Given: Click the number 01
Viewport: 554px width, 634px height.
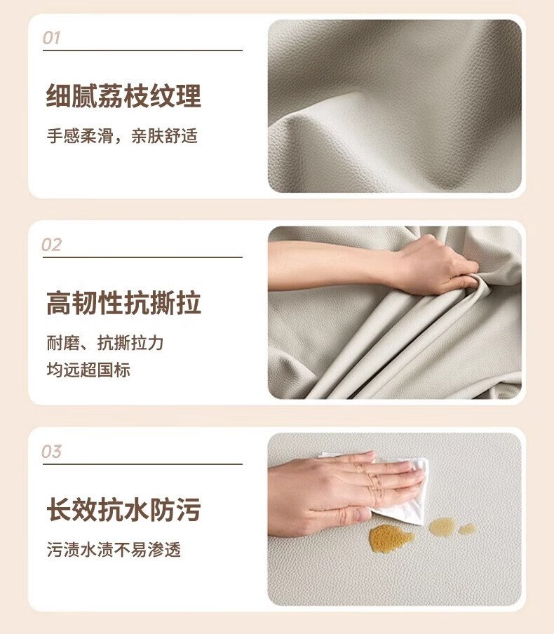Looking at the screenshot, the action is [51, 38].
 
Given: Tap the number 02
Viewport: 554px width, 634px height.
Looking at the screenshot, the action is [51, 245].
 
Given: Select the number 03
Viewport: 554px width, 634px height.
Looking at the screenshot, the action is [51, 451].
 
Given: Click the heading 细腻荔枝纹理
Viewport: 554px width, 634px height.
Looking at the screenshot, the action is [123, 96].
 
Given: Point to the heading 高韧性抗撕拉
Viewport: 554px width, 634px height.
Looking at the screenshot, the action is [123, 303].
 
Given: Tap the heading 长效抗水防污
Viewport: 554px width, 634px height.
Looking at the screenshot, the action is [123, 509].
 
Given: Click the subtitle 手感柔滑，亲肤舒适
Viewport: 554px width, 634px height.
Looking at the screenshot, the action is [122, 136].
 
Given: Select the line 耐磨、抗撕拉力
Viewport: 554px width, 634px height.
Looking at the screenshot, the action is [104, 343].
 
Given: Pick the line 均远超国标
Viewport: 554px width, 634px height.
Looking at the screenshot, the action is [88, 370].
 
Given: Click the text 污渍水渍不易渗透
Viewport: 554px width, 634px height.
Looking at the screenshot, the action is [114, 550].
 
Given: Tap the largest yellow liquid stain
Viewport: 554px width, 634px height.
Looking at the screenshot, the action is [390, 538].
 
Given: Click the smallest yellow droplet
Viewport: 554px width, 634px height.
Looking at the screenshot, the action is [468, 529].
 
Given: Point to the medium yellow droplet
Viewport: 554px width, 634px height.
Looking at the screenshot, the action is [442, 527].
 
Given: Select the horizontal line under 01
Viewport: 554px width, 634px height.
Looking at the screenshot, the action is [142, 50].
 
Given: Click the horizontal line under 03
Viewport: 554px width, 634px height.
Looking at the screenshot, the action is [142, 464].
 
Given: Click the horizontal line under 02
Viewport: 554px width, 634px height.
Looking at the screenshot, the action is [142, 257].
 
